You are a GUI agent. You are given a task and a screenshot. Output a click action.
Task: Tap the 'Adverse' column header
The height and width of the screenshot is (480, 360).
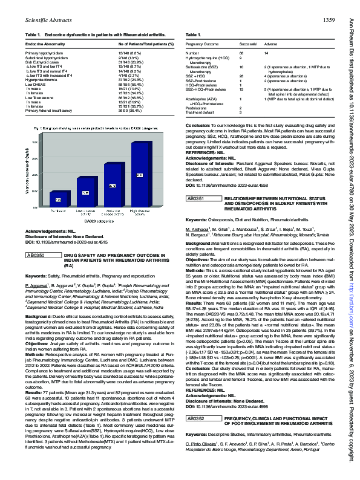[x=271, y=45]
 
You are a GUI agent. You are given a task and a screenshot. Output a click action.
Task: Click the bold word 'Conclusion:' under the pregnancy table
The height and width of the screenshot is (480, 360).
[x=200, y=123]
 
